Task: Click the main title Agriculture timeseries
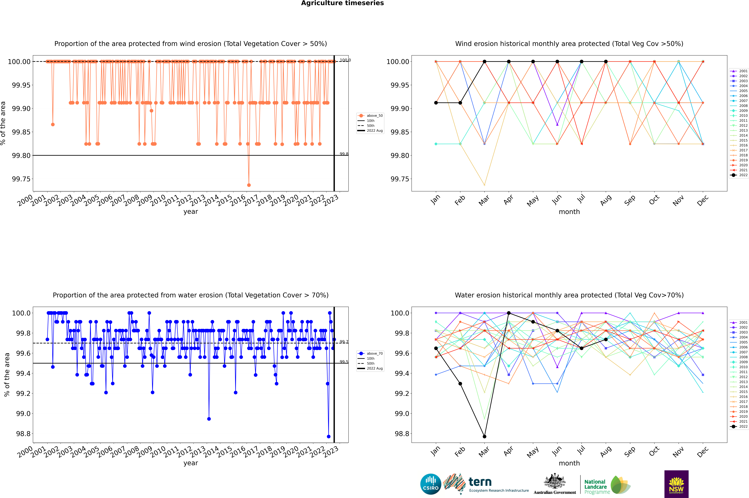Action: [342, 3]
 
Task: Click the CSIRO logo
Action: [431, 484]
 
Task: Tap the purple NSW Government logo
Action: [676, 484]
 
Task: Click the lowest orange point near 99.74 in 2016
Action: [249, 185]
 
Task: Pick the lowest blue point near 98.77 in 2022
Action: [329, 436]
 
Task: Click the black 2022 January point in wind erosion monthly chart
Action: [436, 103]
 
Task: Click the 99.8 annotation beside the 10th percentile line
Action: [344, 154]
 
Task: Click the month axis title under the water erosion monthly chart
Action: [569, 463]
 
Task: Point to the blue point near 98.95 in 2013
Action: [209, 419]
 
